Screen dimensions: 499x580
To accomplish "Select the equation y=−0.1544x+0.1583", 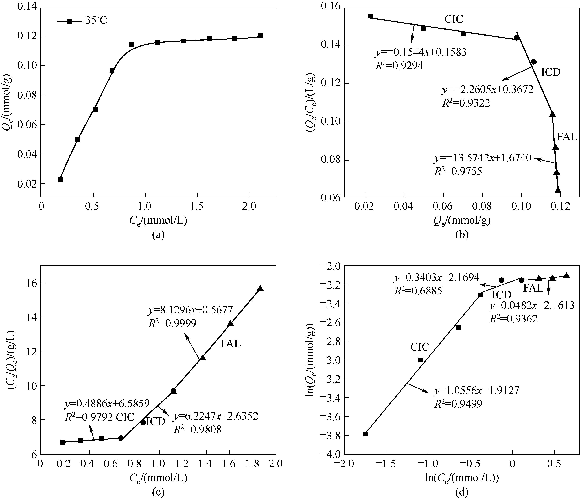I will coord(421,52).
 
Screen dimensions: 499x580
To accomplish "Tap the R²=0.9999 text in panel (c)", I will coord(172,323).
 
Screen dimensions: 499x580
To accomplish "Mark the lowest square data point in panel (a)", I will coord(61,180).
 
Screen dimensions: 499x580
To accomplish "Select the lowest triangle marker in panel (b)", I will coord(558,190).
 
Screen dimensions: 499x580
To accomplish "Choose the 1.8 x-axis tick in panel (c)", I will coord(253,464).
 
